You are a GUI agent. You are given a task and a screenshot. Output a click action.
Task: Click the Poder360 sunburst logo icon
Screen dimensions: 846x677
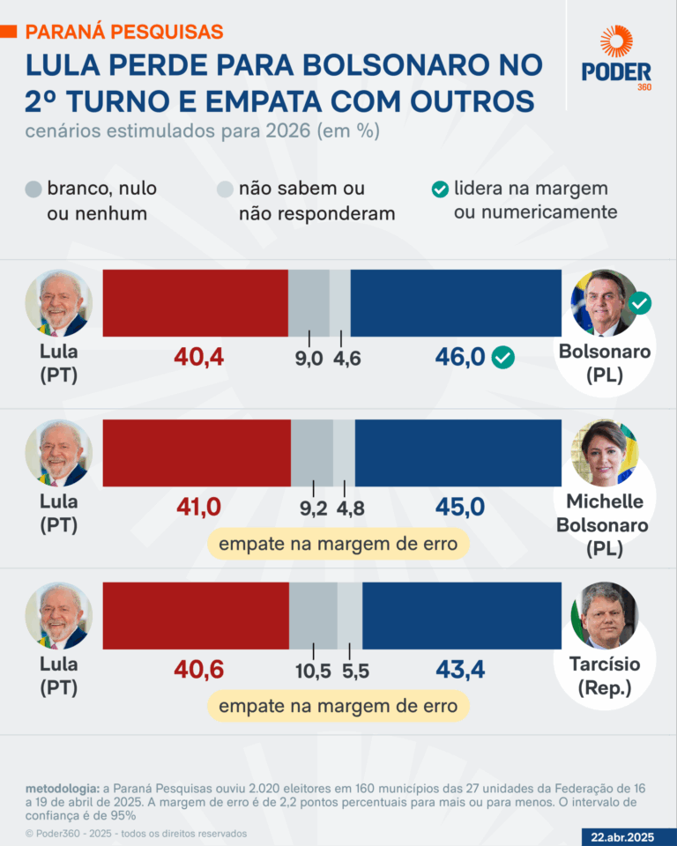pyautogui.click(x=616, y=42)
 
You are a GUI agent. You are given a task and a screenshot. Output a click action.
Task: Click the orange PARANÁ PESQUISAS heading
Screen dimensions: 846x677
pyautogui.click(x=124, y=32)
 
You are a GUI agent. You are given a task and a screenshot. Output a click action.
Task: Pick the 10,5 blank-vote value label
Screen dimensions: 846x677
pyautogui.click(x=313, y=672)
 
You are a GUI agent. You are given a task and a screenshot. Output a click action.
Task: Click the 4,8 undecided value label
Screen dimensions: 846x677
pyautogui.click(x=350, y=508)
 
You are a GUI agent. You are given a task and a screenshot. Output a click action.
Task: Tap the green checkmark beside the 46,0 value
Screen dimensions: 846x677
pyautogui.click(x=503, y=357)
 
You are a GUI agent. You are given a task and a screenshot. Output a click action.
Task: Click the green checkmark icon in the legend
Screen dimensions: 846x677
pyautogui.click(x=439, y=189)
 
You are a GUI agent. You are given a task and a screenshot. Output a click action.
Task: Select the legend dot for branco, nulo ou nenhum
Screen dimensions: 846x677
pyautogui.click(x=33, y=189)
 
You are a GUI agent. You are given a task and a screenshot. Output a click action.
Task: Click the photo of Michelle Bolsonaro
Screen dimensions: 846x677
pyautogui.click(x=609, y=453)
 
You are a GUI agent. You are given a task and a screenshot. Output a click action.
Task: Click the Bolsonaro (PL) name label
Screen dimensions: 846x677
pyautogui.click(x=605, y=363)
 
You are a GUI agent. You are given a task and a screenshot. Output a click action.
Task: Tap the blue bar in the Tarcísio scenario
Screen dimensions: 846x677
pyautogui.click(x=461, y=616)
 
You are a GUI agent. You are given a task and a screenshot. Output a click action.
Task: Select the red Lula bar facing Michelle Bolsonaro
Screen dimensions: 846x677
pyautogui.click(x=197, y=453)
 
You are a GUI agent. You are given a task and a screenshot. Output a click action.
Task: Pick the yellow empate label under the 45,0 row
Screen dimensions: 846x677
pyautogui.click(x=338, y=544)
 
